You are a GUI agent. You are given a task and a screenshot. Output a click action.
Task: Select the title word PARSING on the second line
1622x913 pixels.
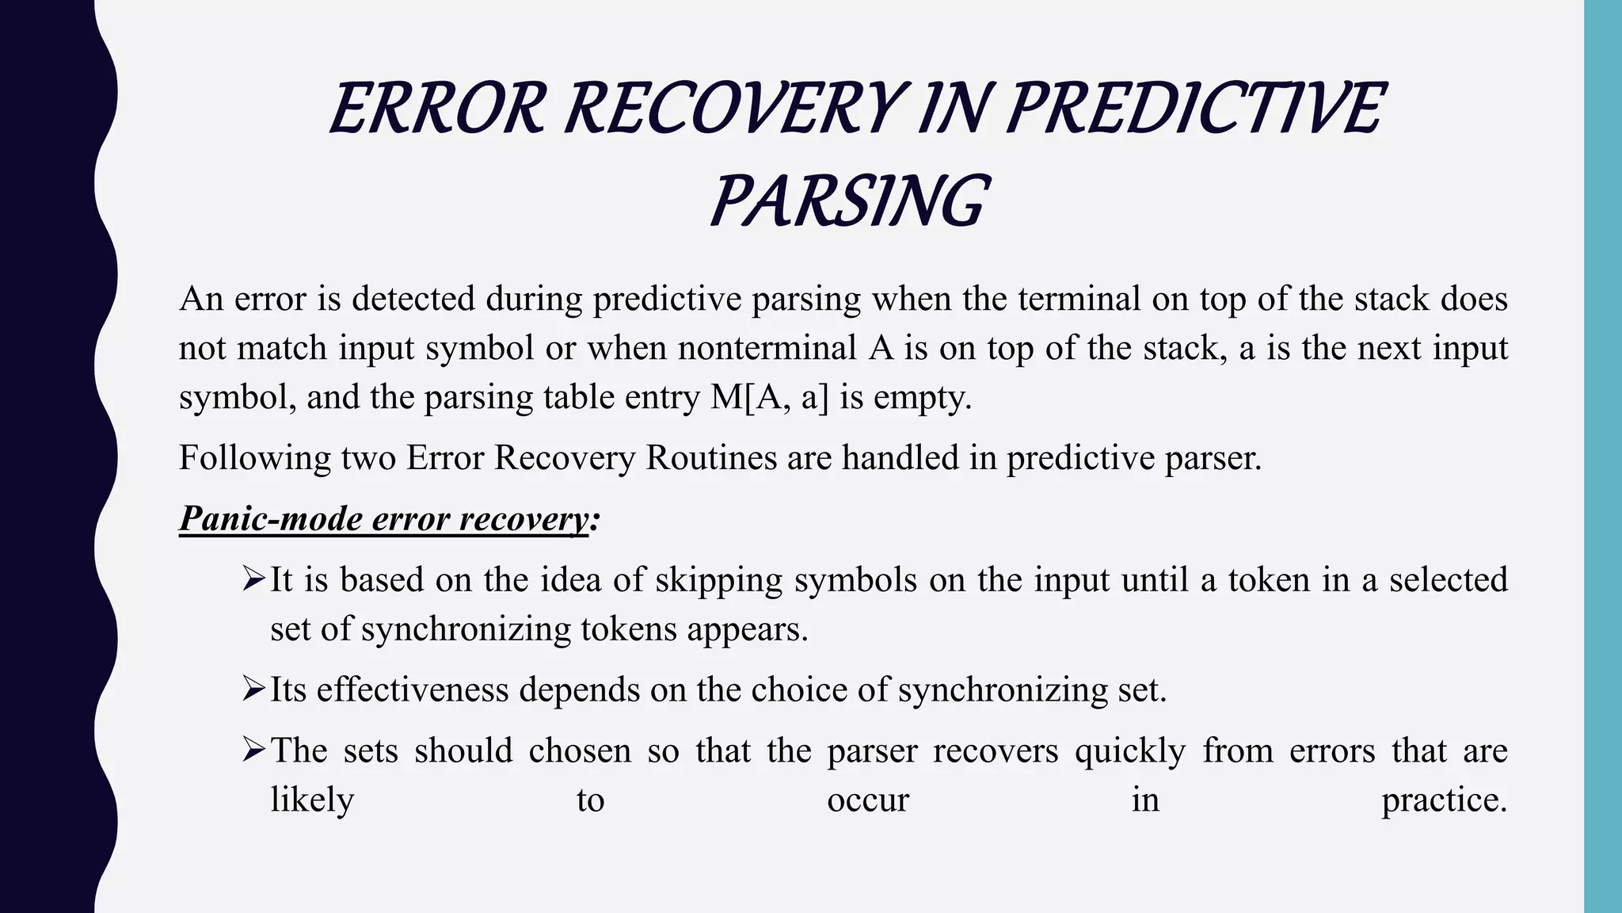point(847,201)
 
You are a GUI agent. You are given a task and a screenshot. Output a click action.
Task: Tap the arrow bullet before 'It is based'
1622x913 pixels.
point(253,579)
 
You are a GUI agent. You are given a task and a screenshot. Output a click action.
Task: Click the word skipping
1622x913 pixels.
point(719,581)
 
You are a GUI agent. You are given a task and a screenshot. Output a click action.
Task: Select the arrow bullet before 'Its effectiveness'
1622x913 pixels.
point(253,689)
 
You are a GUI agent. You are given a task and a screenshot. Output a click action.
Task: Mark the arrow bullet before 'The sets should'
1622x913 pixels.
point(253,750)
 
